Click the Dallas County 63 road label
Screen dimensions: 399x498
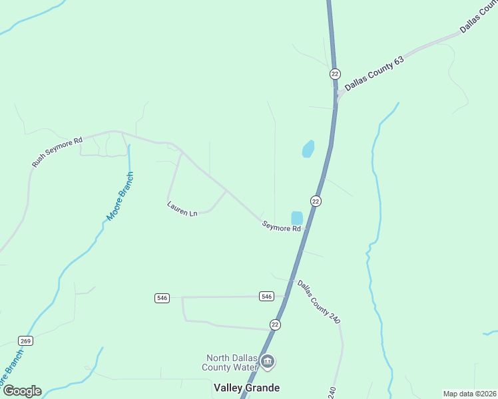point(374,71)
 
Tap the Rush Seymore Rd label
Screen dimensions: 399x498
point(57,152)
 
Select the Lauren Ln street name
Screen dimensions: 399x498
point(182,209)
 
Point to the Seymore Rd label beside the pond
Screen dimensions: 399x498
point(281,227)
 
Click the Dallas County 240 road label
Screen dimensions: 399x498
point(318,302)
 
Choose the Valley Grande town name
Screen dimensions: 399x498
point(246,388)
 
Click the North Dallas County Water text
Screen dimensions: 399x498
point(231,362)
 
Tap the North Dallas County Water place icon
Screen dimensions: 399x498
point(268,362)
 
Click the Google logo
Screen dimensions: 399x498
point(22,391)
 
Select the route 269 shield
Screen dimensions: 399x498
point(26,340)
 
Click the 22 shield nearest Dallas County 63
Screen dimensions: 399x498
point(335,74)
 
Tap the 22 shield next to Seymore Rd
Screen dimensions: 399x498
point(316,201)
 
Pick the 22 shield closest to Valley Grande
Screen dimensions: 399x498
point(276,325)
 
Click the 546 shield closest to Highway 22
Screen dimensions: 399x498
point(266,296)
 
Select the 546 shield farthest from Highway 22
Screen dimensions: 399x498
point(162,298)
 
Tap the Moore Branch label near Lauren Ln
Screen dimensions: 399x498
point(121,197)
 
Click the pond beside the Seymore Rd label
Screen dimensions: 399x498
point(297,217)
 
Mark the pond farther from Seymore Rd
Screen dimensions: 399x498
point(308,149)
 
